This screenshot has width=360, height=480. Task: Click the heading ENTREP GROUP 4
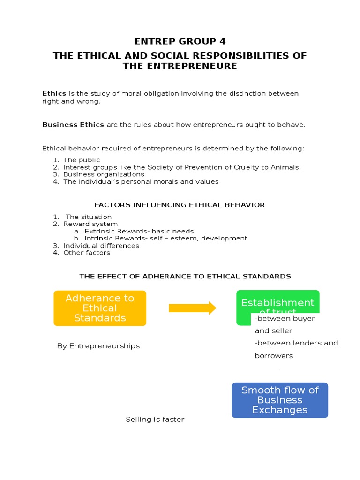point(180,41)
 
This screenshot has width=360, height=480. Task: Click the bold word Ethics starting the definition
point(54,93)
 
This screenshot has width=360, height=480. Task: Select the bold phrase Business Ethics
point(73,125)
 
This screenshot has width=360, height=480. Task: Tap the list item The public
point(82,160)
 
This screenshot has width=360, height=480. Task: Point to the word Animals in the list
point(286,167)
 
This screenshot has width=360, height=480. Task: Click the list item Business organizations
point(104,174)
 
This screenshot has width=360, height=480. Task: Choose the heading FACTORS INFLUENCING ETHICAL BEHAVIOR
point(180,205)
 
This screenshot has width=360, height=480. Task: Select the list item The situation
point(89,217)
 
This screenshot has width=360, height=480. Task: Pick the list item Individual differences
point(101,246)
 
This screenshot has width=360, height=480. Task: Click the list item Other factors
point(87,253)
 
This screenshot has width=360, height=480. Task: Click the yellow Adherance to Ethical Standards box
point(100,308)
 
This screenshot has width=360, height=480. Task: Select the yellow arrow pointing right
point(192,308)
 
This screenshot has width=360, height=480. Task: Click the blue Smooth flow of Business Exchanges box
point(280,400)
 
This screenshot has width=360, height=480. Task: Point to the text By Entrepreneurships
point(98,346)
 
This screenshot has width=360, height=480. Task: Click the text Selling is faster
point(155,420)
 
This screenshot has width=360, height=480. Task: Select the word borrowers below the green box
point(274,356)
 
